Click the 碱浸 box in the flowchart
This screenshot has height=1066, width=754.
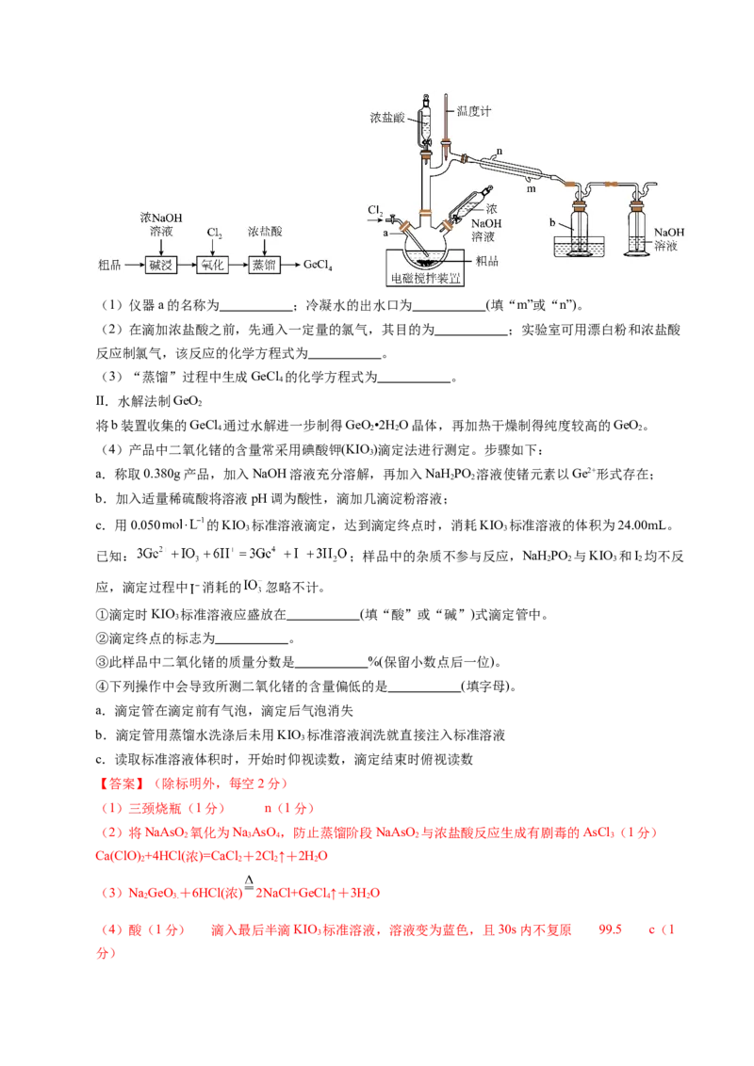[x=161, y=266]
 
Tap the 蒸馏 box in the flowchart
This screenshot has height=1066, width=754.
[x=263, y=266]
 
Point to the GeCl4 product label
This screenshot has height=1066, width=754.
[x=320, y=266]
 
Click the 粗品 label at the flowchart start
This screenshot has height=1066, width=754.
[x=109, y=266]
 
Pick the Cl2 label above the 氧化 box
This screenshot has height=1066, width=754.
[x=213, y=232]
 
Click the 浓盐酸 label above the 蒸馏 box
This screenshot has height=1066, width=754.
[x=263, y=231]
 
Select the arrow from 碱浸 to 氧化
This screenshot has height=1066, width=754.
[x=187, y=266]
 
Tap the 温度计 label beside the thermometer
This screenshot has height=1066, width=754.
[x=474, y=111]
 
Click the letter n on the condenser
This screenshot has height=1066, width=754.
[x=499, y=150]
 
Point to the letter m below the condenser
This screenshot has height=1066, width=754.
[x=531, y=188]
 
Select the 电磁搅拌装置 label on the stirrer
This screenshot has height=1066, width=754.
[x=427, y=279]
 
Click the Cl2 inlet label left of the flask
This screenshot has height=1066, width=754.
[x=374, y=209]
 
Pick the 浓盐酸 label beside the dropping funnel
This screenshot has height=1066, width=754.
[x=387, y=120]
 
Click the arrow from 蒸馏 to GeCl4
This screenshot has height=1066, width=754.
[x=291, y=266]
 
